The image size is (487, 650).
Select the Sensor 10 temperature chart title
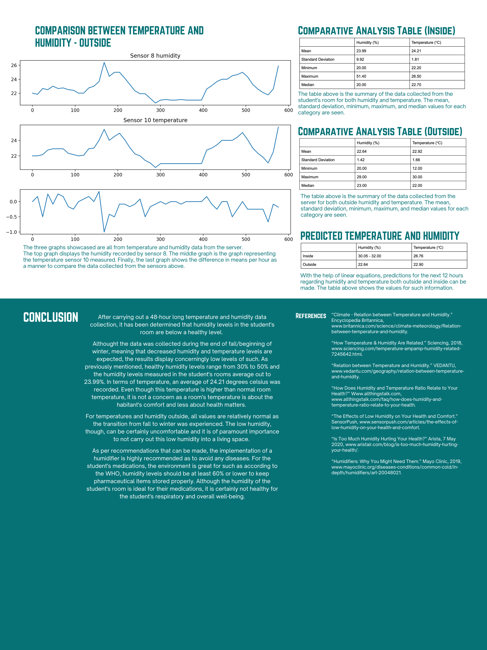tap(155, 120)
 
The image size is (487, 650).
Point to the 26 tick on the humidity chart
tap(14, 65)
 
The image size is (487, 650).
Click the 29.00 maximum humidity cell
tap(362, 177)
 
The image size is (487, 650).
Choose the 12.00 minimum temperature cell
tap(417, 168)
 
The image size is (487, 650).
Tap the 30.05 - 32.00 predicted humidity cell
tap(369, 256)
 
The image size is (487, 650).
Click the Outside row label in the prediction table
tap(309, 264)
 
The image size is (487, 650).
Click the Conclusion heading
tap(51, 317)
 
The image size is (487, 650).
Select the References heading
tap(311, 316)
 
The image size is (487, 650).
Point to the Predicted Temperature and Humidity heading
tap(380, 236)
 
